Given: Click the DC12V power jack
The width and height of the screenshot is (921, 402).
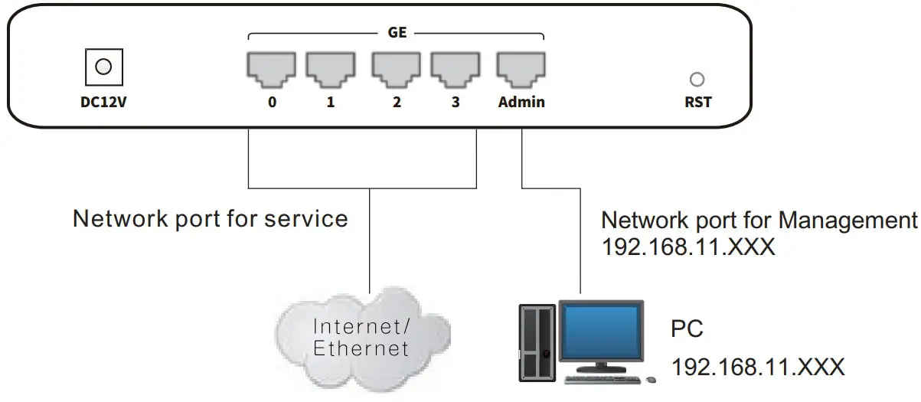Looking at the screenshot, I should click(103, 67).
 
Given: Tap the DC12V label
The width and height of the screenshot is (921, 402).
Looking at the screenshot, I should click(103, 101).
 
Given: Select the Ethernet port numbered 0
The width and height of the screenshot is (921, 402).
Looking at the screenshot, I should click(271, 67).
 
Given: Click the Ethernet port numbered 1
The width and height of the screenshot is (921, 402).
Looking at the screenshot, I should click(331, 67).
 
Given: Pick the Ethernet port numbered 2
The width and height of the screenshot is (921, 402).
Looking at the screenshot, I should click(396, 67).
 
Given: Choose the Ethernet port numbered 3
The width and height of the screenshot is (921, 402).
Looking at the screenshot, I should click(456, 67).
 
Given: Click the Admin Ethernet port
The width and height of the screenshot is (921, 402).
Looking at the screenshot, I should click(521, 67).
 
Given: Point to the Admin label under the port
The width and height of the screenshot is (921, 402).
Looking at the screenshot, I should click(521, 101).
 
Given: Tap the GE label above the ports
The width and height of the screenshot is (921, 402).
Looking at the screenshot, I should click(397, 34).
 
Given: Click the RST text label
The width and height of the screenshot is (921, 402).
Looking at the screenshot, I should click(697, 101).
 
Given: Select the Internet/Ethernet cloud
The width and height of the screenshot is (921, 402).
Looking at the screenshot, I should click(361, 338).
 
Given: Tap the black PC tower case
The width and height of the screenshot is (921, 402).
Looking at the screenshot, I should click(537, 342).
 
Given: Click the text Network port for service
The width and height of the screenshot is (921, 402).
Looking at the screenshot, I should click(210, 219).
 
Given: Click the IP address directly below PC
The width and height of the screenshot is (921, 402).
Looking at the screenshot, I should click(758, 367).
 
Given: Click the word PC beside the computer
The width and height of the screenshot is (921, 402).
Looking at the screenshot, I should click(687, 329).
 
